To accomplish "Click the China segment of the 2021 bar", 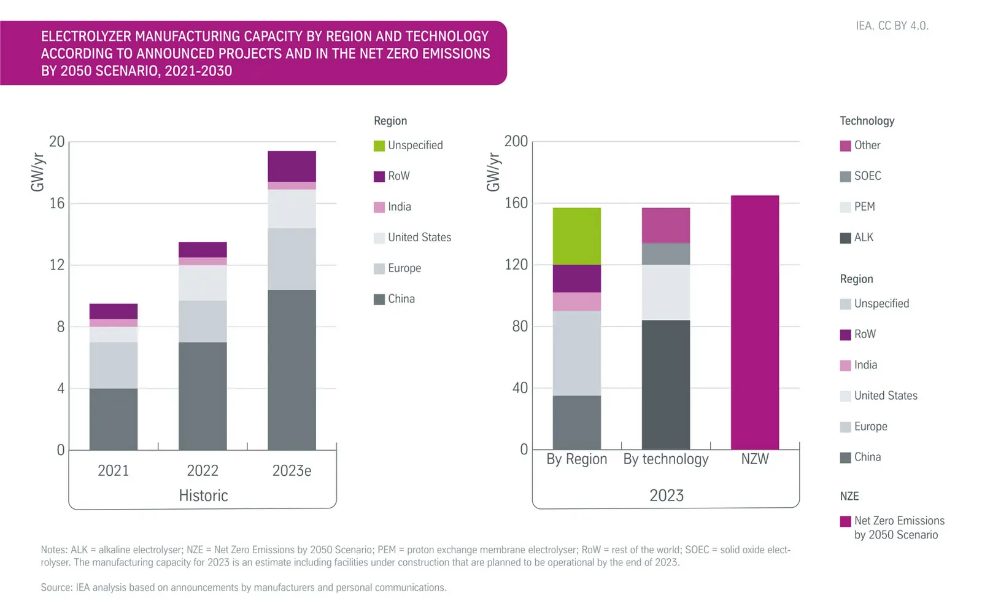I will (x=113, y=419).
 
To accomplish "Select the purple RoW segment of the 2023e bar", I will (x=292, y=166).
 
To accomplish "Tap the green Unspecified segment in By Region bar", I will (x=576, y=236).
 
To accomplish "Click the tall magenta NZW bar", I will (x=754, y=322).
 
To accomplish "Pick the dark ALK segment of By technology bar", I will (x=665, y=384).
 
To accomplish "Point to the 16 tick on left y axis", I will (x=57, y=203).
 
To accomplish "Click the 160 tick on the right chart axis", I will (x=516, y=203).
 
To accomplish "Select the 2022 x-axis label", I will (x=202, y=471).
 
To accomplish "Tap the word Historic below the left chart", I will (x=203, y=495).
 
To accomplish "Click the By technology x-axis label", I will (x=665, y=459).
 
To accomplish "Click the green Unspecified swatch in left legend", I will (x=379, y=146).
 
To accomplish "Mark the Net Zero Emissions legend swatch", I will (x=845, y=521).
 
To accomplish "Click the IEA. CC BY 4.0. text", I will (x=892, y=26).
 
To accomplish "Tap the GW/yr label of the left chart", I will (x=38, y=173).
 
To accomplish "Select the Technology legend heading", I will (x=867, y=121).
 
